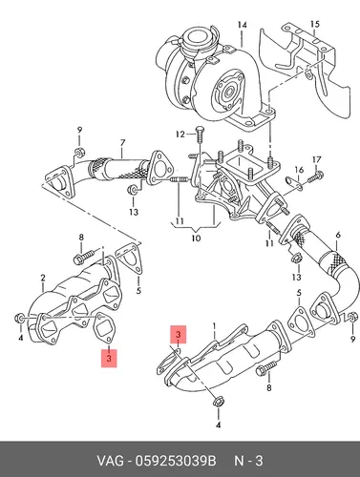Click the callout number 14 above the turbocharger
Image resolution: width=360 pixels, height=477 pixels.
pos(243,25)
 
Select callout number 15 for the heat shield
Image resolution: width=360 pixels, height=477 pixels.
pos(314,24)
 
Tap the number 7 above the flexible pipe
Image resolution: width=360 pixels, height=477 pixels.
pos(122,143)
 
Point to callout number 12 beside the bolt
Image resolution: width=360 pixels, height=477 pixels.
pos(180,135)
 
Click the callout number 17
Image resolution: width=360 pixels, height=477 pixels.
pos(317,159)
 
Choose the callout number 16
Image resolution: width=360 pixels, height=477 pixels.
pos(299,170)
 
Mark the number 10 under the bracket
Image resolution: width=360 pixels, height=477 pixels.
pos(196,238)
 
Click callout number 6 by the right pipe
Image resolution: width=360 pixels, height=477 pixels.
pos(338,235)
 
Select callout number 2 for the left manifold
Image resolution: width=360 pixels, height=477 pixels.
pos(43,278)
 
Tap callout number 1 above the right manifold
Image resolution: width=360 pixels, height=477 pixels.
pos(215,326)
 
